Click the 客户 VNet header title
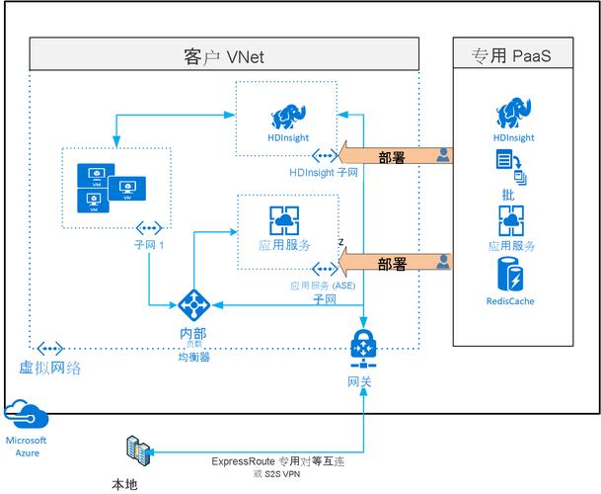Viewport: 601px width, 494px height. [x=225, y=55]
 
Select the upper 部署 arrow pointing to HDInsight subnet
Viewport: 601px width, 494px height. [x=390, y=155]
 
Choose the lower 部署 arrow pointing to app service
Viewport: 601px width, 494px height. [x=390, y=263]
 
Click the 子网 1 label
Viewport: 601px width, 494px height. [x=149, y=247]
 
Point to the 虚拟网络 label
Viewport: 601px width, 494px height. [x=50, y=368]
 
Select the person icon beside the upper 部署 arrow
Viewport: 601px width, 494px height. [x=444, y=154]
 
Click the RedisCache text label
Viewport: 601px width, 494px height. [x=511, y=301]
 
